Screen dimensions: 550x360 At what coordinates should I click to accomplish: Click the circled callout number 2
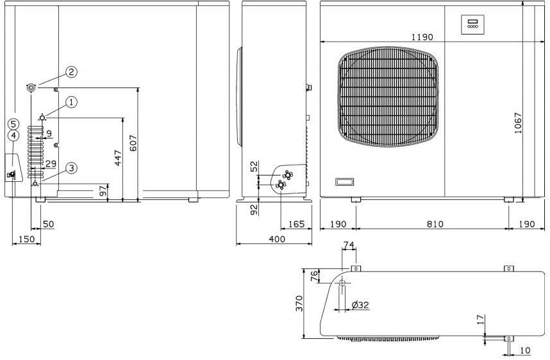click(x=71, y=72)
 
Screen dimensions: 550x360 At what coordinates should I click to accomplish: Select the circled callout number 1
click(x=72, y=102)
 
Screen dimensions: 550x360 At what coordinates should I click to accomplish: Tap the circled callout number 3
click(x=72, y=168)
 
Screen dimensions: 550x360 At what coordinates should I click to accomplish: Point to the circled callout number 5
click(x=13, y=124)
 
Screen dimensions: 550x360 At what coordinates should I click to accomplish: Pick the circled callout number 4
click(x=13, y=136)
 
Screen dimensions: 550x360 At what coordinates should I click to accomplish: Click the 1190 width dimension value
click(x=422, y=37)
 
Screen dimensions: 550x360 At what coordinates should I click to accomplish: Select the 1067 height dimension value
click(x=518, y=123)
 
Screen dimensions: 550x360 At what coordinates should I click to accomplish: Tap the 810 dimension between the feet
click(x=435, y=224)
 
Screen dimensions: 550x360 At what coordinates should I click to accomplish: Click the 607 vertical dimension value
click(x=133, y=143)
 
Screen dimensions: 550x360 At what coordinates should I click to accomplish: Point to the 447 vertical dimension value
click(x=118, y=158)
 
